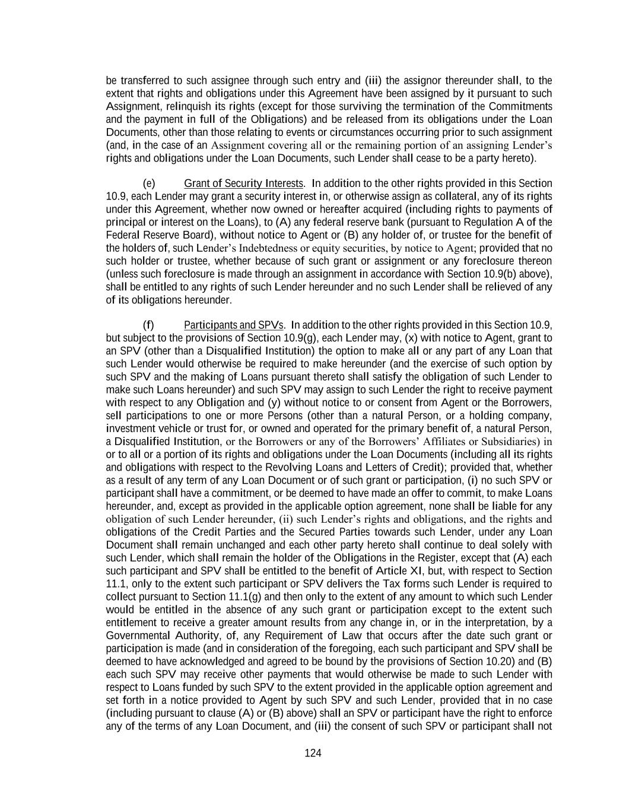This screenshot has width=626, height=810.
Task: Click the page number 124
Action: [313, 753]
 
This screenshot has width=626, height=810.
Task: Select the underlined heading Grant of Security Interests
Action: [243, 183]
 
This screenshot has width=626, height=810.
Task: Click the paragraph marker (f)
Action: [148, 325]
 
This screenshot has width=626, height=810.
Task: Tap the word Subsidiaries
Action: [507, 441]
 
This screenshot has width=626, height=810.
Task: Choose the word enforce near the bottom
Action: [535, 713]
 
